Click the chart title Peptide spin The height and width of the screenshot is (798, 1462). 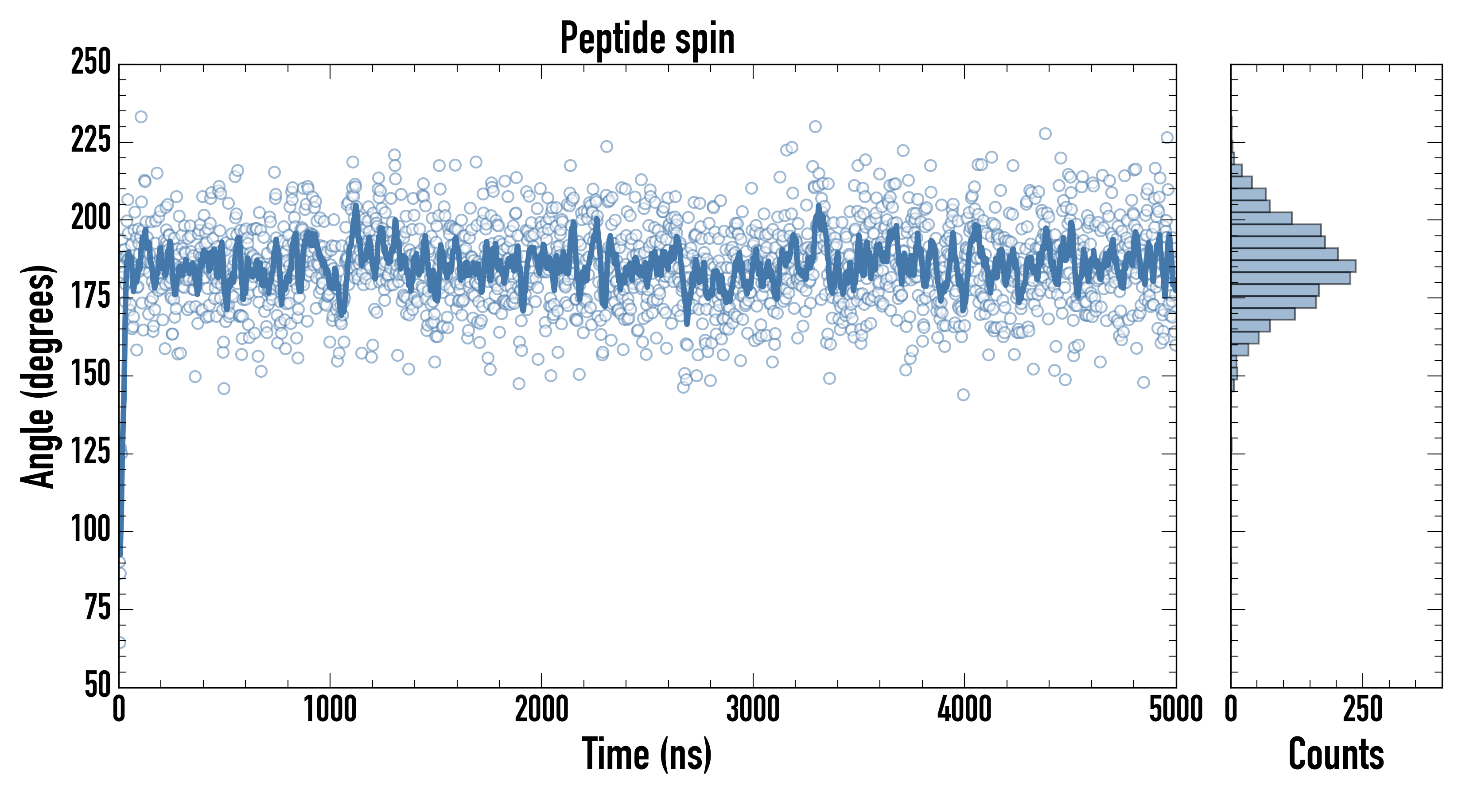(x=647, y=38)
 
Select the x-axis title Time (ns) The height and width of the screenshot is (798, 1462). (x=646, y=754)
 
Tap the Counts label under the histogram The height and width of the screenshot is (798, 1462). (x=1336, y=754)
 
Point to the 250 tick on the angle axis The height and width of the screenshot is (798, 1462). (x=90, y=63)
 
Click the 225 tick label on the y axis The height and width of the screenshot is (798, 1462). (x=90, y=141)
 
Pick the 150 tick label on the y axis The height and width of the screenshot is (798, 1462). (x=90, y=375)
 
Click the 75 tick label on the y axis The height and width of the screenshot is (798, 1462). (x=97, y=608)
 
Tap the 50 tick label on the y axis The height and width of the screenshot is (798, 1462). (x=97, y=685)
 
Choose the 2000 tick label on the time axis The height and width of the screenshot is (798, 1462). (x=541, y=710)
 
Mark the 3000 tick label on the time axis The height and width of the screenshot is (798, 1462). (x=753, y=710)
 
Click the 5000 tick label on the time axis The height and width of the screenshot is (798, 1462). (x=1175, y=710)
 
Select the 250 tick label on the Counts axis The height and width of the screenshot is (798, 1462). (x=1362, y=710)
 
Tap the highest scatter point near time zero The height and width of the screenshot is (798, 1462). (x=141, y=117)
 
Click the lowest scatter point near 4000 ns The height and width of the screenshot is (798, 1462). (x=963, y=395)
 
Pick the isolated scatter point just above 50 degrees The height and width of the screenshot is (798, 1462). (x=121, y=643)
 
